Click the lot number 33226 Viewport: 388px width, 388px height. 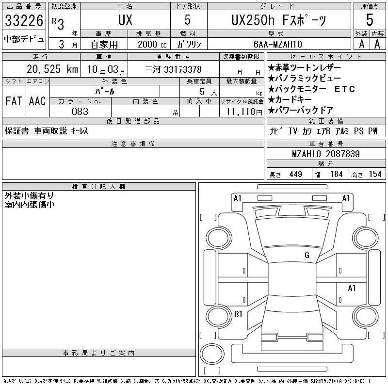pyautogui.click(x=24, y=20)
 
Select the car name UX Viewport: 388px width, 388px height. pyautogui.click(x=125, y=20)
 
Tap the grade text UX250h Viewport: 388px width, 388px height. pyautogui.click(x=253, y=20)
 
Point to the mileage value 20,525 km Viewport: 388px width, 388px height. pyautogui.click(x=52, y=69)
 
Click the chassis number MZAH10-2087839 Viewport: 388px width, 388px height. pyautogui.click(x=326, y=154)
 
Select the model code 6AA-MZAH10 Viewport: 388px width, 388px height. pyautogui.click(x=277, y=44)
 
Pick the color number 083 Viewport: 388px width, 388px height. pyautogui.click(x=80, y=112)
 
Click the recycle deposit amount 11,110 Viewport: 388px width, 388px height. pyautogui.click(x=241, y=112)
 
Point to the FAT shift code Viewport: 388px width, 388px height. pyautogui.click(x=14, y=101)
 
